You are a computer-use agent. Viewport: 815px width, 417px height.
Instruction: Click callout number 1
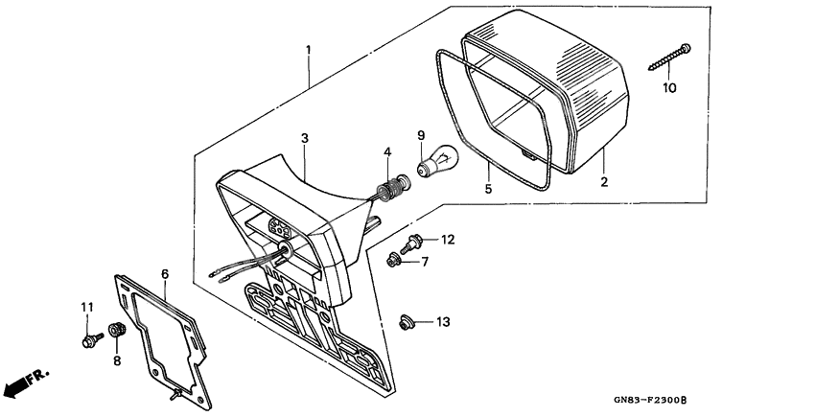pos(308,49)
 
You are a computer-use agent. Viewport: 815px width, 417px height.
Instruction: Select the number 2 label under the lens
pos(604,181)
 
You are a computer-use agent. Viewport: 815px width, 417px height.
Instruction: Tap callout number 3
pos(304,139)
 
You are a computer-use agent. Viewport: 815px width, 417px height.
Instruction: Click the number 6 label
pos(164,275)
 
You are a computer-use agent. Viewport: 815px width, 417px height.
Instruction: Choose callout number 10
pos(668,88)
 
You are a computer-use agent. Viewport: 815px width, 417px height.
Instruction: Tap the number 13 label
pos(442,322)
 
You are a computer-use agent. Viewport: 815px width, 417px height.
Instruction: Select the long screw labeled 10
pos(671,55)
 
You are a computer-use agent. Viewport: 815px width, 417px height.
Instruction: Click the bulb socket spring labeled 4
pos(388,188)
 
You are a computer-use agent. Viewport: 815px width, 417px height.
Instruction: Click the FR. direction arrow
pos(24,382)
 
